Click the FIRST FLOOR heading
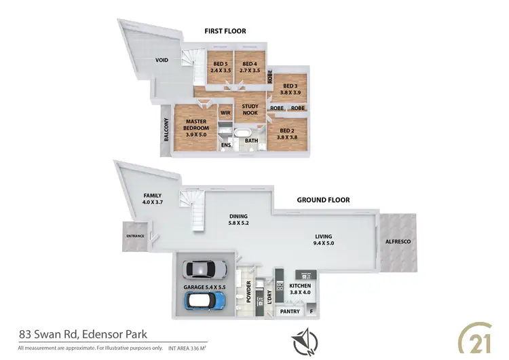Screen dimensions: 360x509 click(226, 31)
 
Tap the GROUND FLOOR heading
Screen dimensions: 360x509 click(323, 200)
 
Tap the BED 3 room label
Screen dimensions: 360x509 click(290, 90)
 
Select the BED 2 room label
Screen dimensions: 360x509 click(287, 133)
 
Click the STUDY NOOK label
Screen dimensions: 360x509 click(251, 109)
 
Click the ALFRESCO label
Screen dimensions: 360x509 click(398, 242)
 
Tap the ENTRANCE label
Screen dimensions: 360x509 click(136, 236)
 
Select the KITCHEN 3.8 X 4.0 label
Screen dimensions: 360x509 click(300, 289)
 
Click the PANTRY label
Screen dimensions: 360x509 click(290, 312)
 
